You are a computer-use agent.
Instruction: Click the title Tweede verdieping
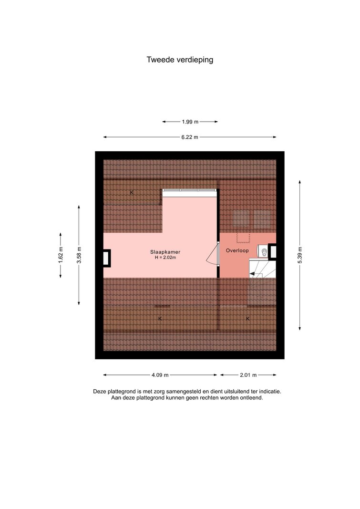click(180, 60)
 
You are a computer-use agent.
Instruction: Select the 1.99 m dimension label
click(190, 122)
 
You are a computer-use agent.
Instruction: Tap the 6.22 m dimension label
click(190, 137)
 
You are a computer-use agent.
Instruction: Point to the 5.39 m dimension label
click(299, 256)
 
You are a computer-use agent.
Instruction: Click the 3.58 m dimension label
click(79, 255)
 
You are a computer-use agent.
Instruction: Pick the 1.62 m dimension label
click(61, 255)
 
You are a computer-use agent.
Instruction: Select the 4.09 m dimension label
click(160, 375)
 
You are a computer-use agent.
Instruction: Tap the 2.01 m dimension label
click(248, 375)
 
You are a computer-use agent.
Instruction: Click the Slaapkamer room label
click(165, 252)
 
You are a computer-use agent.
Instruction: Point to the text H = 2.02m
click(165, 258)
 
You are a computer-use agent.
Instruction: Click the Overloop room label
click(237, 250)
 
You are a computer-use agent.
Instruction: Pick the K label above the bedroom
click(132, 193)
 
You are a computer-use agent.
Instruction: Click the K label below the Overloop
click(248, 319)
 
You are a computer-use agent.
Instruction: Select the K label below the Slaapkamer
click(160, 319)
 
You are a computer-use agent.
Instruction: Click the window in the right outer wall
click(272, 251)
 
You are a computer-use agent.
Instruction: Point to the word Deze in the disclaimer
click(99, 392)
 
